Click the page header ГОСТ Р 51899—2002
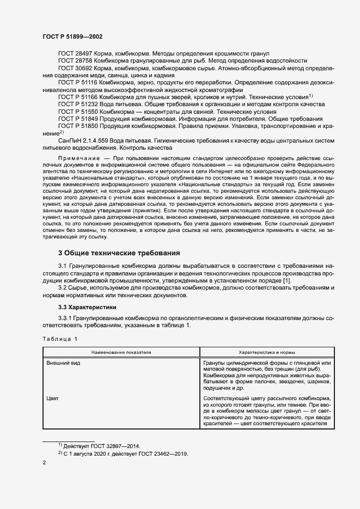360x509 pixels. pyautogui.click(x=72, y=36)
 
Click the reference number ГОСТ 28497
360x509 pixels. pyautogui.click(x=76, y=53)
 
